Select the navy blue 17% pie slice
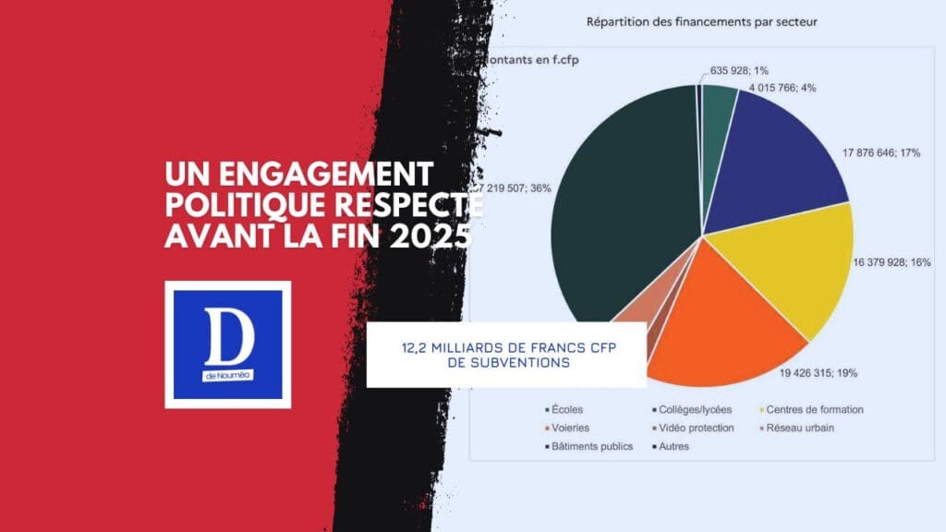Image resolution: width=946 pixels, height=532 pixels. coord(785,148)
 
